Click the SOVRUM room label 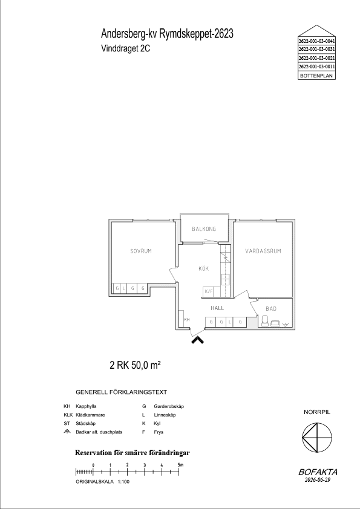tap(141, 251)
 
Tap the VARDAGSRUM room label tap(263, 251)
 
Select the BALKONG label tap(204, 229)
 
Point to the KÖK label tap(204, 268)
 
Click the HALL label tap(217, 308)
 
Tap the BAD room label tap(271, 309)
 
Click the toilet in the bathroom tap(265, 321)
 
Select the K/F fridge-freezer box tap(209, 291)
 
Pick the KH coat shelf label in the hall tap(187, 320)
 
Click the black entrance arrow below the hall tap(197, 340)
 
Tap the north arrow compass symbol tap(317, 438)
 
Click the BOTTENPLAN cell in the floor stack tap(316, 76)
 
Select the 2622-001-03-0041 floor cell tap(316, 41)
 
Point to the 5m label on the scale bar tap(181, 465)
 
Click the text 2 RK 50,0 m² tap(136, 366)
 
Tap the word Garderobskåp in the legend tap(169, 406)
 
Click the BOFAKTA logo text tap(318, 472)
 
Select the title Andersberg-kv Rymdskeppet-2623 tap(168, 33)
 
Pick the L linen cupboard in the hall tap(229, 322)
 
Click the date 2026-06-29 tap(318, 480)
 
